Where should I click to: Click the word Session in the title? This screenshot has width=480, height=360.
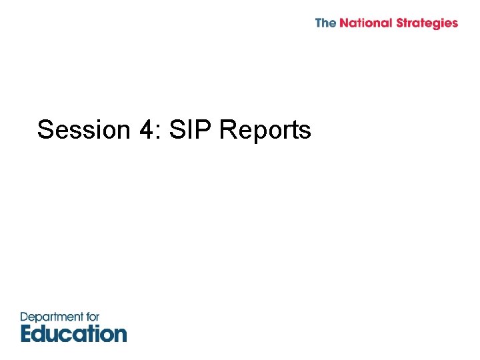click(83, 130)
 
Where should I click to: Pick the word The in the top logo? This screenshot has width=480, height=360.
click(325, 23)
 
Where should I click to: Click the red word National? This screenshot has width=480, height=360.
click(366, 23)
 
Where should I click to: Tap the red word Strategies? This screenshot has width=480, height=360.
click(427, 24)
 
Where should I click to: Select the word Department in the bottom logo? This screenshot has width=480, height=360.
click(51, 317)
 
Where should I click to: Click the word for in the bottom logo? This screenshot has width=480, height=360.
click(91, 317)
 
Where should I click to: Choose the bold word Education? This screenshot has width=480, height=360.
click(73, 333)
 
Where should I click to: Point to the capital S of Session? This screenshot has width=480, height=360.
click(45, 130)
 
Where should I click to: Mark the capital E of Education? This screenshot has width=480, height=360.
click(27, 333)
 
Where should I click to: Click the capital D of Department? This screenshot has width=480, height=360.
click(25, 317)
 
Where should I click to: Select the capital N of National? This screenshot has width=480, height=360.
click(344, 23)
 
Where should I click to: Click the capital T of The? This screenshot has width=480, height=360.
click(319, 23)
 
